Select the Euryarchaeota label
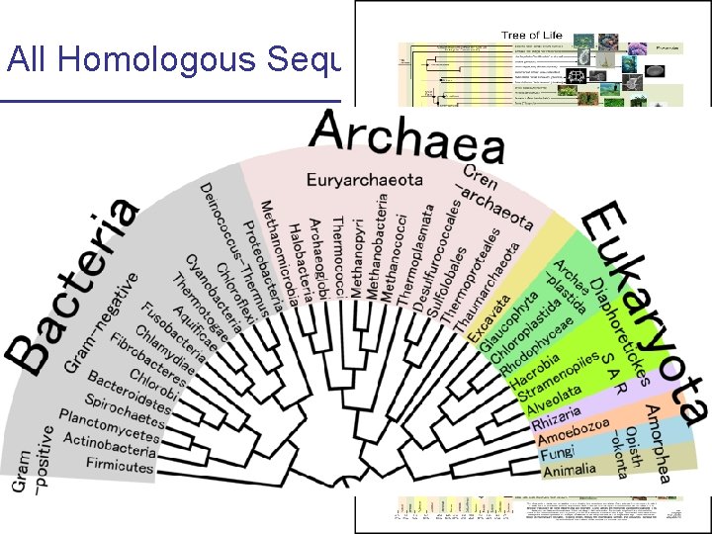pyautogui.click(x=364, y=180)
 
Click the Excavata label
pyautogui.click(x=475, y=312)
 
